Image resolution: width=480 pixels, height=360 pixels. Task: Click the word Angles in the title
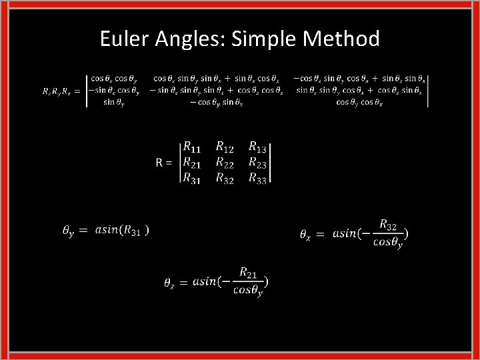click(189, 40)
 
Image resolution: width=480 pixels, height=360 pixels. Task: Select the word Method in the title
click(341, 39)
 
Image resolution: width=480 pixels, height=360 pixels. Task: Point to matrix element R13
click(257, 147)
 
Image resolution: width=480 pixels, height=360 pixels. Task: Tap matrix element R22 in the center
click(225, 163)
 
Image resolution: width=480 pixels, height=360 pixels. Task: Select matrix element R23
click(257, 163)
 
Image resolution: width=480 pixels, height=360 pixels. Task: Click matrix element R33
click(257, 178)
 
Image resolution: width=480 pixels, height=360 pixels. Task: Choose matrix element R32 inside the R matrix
click(225, 178)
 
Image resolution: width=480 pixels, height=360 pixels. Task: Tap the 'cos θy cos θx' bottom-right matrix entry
click(359, 102)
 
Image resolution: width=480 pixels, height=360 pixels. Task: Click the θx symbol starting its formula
click(304, 235)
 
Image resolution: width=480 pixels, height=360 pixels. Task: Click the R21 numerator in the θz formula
click(247, 274)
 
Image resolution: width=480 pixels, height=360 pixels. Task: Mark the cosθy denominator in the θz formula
click(247, 291)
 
